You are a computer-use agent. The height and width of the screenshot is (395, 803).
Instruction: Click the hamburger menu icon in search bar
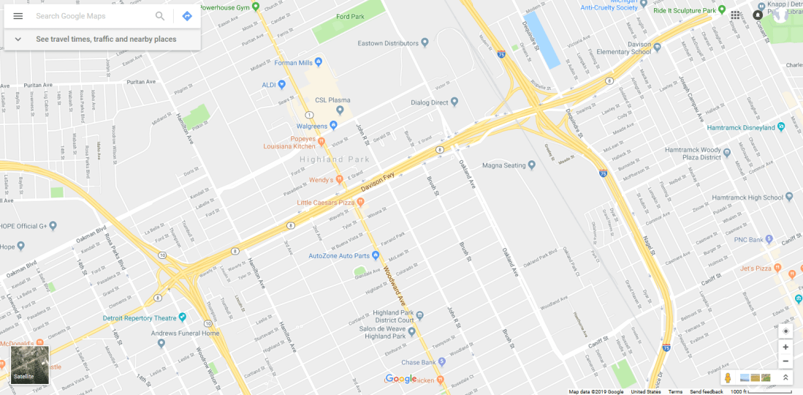click(18, 16)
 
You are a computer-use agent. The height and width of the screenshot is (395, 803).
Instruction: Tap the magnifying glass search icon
click(160, 16)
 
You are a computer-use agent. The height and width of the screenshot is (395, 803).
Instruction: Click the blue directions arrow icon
click(187, 16)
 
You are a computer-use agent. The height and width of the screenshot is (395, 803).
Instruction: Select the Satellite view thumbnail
click(30, 365)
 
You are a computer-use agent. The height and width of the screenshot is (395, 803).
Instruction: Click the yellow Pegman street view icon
click(727, 377)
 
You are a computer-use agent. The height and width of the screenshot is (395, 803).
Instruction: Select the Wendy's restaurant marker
click(340, 179)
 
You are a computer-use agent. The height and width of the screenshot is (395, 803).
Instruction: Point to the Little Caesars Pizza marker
click(360, 202)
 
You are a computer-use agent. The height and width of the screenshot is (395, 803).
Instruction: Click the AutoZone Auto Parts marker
click(376, 256)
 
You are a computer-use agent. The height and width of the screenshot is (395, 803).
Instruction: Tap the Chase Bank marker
click(442, 362)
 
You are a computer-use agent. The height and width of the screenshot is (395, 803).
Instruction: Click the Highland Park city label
click(334, 159)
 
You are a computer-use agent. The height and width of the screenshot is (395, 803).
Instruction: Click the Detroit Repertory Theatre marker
click(183, 317)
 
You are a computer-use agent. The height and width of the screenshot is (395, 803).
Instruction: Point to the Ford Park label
click(349, 16)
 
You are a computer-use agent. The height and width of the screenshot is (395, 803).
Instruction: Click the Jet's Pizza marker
click(791, 273)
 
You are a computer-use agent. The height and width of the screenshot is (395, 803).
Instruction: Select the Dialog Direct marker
click(454, 102)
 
